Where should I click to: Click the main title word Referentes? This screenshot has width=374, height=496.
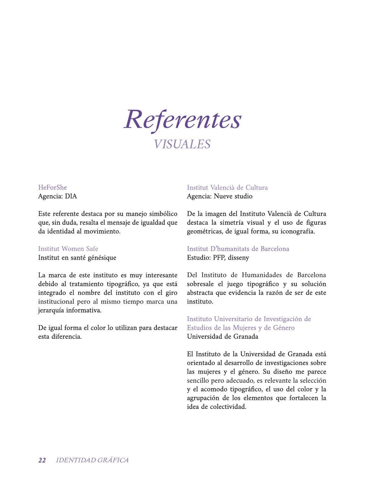click(183, 119)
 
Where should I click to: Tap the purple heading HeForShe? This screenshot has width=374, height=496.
click(52, 187)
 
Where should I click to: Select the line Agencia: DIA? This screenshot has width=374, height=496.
click(58, 196)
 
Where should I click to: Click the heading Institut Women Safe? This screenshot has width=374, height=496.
click(68, 249)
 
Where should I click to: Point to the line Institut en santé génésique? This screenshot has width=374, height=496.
click(77, 258)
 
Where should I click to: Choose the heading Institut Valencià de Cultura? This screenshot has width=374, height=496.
click(227, 187)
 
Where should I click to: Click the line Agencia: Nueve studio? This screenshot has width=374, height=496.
click(219, 196)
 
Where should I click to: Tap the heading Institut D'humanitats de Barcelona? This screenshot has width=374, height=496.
click(238, 249)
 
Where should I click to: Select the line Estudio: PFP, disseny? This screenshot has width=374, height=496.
click(218, 258)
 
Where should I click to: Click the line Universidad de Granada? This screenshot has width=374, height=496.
click(222, 336)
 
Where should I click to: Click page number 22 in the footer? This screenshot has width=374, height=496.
click(42, 460)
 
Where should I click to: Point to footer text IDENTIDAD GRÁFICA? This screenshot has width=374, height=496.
click(92, 460)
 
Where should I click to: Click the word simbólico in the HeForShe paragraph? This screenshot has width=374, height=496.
click(163, 214)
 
